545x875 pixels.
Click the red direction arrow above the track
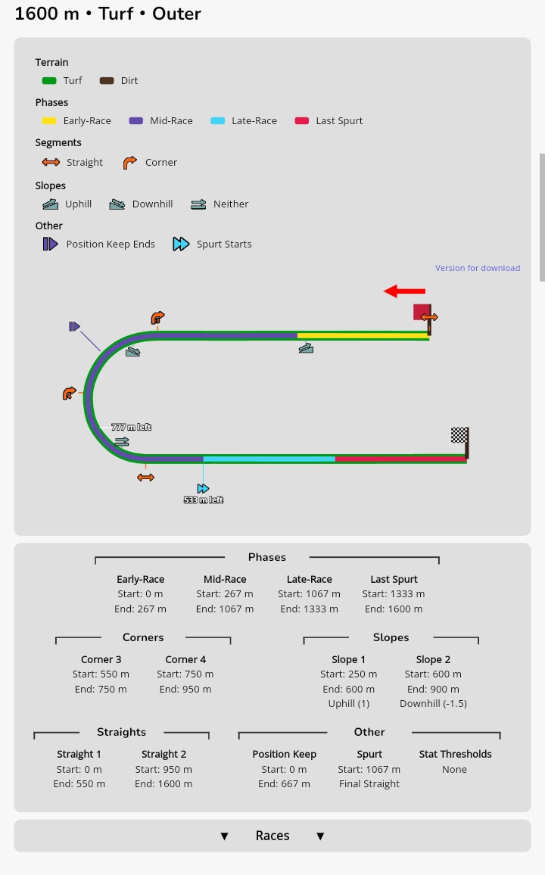(x=404, y=291)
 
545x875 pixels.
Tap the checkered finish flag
(x=459, y=434)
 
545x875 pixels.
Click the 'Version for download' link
(x=477, y=268)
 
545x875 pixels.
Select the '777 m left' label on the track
(x=131, y=428)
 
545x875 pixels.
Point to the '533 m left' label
(x=204, y=500)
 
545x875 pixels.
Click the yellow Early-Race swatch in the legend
(x=49, y=121)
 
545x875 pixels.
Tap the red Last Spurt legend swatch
(x=302, y=121)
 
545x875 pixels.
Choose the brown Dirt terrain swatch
(x=107, y=81)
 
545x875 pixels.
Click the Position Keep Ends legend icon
(x=50, y=244)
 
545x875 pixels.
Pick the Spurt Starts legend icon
(x=181, y=244)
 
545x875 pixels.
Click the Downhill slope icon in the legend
(x=117, y=204)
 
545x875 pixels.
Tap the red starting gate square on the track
(x=422, y=312)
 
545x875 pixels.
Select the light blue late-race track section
(x=269, y=459)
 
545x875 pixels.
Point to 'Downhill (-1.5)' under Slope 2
(x=433, y=704)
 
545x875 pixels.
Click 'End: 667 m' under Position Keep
(x=284, y=784)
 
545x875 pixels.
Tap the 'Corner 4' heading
(x=185, y=659)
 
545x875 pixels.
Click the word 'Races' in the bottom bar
(x=272, y=836)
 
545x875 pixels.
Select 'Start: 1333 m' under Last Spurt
(x=394, y=594)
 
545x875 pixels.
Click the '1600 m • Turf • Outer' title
(x=108, y=14)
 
